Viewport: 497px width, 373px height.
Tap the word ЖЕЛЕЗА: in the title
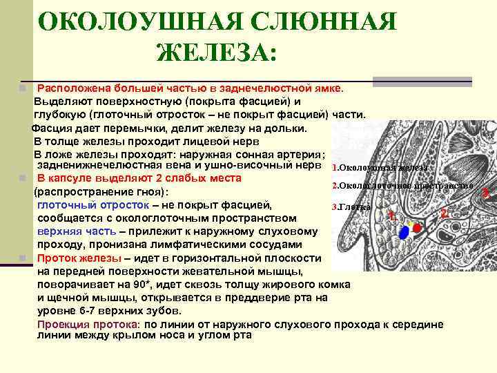point(215,52)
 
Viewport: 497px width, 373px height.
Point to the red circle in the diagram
point(417,227)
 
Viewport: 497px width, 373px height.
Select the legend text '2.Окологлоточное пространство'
point(402,186)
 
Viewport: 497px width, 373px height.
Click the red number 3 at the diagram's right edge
point(486,192)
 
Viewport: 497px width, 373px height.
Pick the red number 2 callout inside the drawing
point(444,213)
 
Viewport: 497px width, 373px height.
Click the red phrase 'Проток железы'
point(73,258)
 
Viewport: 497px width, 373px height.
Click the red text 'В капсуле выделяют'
point(87,178)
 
